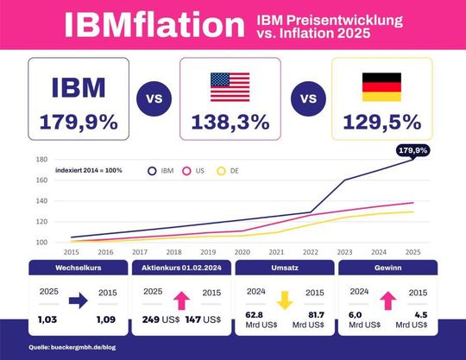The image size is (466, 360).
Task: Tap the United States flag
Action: [x=230, y=86]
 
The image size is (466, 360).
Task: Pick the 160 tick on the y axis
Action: [x=41, y=180]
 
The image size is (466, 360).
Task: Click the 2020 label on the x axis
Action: [x=242, y=252]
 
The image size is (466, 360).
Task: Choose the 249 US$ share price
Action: [x=158, y=319]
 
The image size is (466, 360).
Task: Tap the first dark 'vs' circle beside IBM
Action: [x=154, y=98]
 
